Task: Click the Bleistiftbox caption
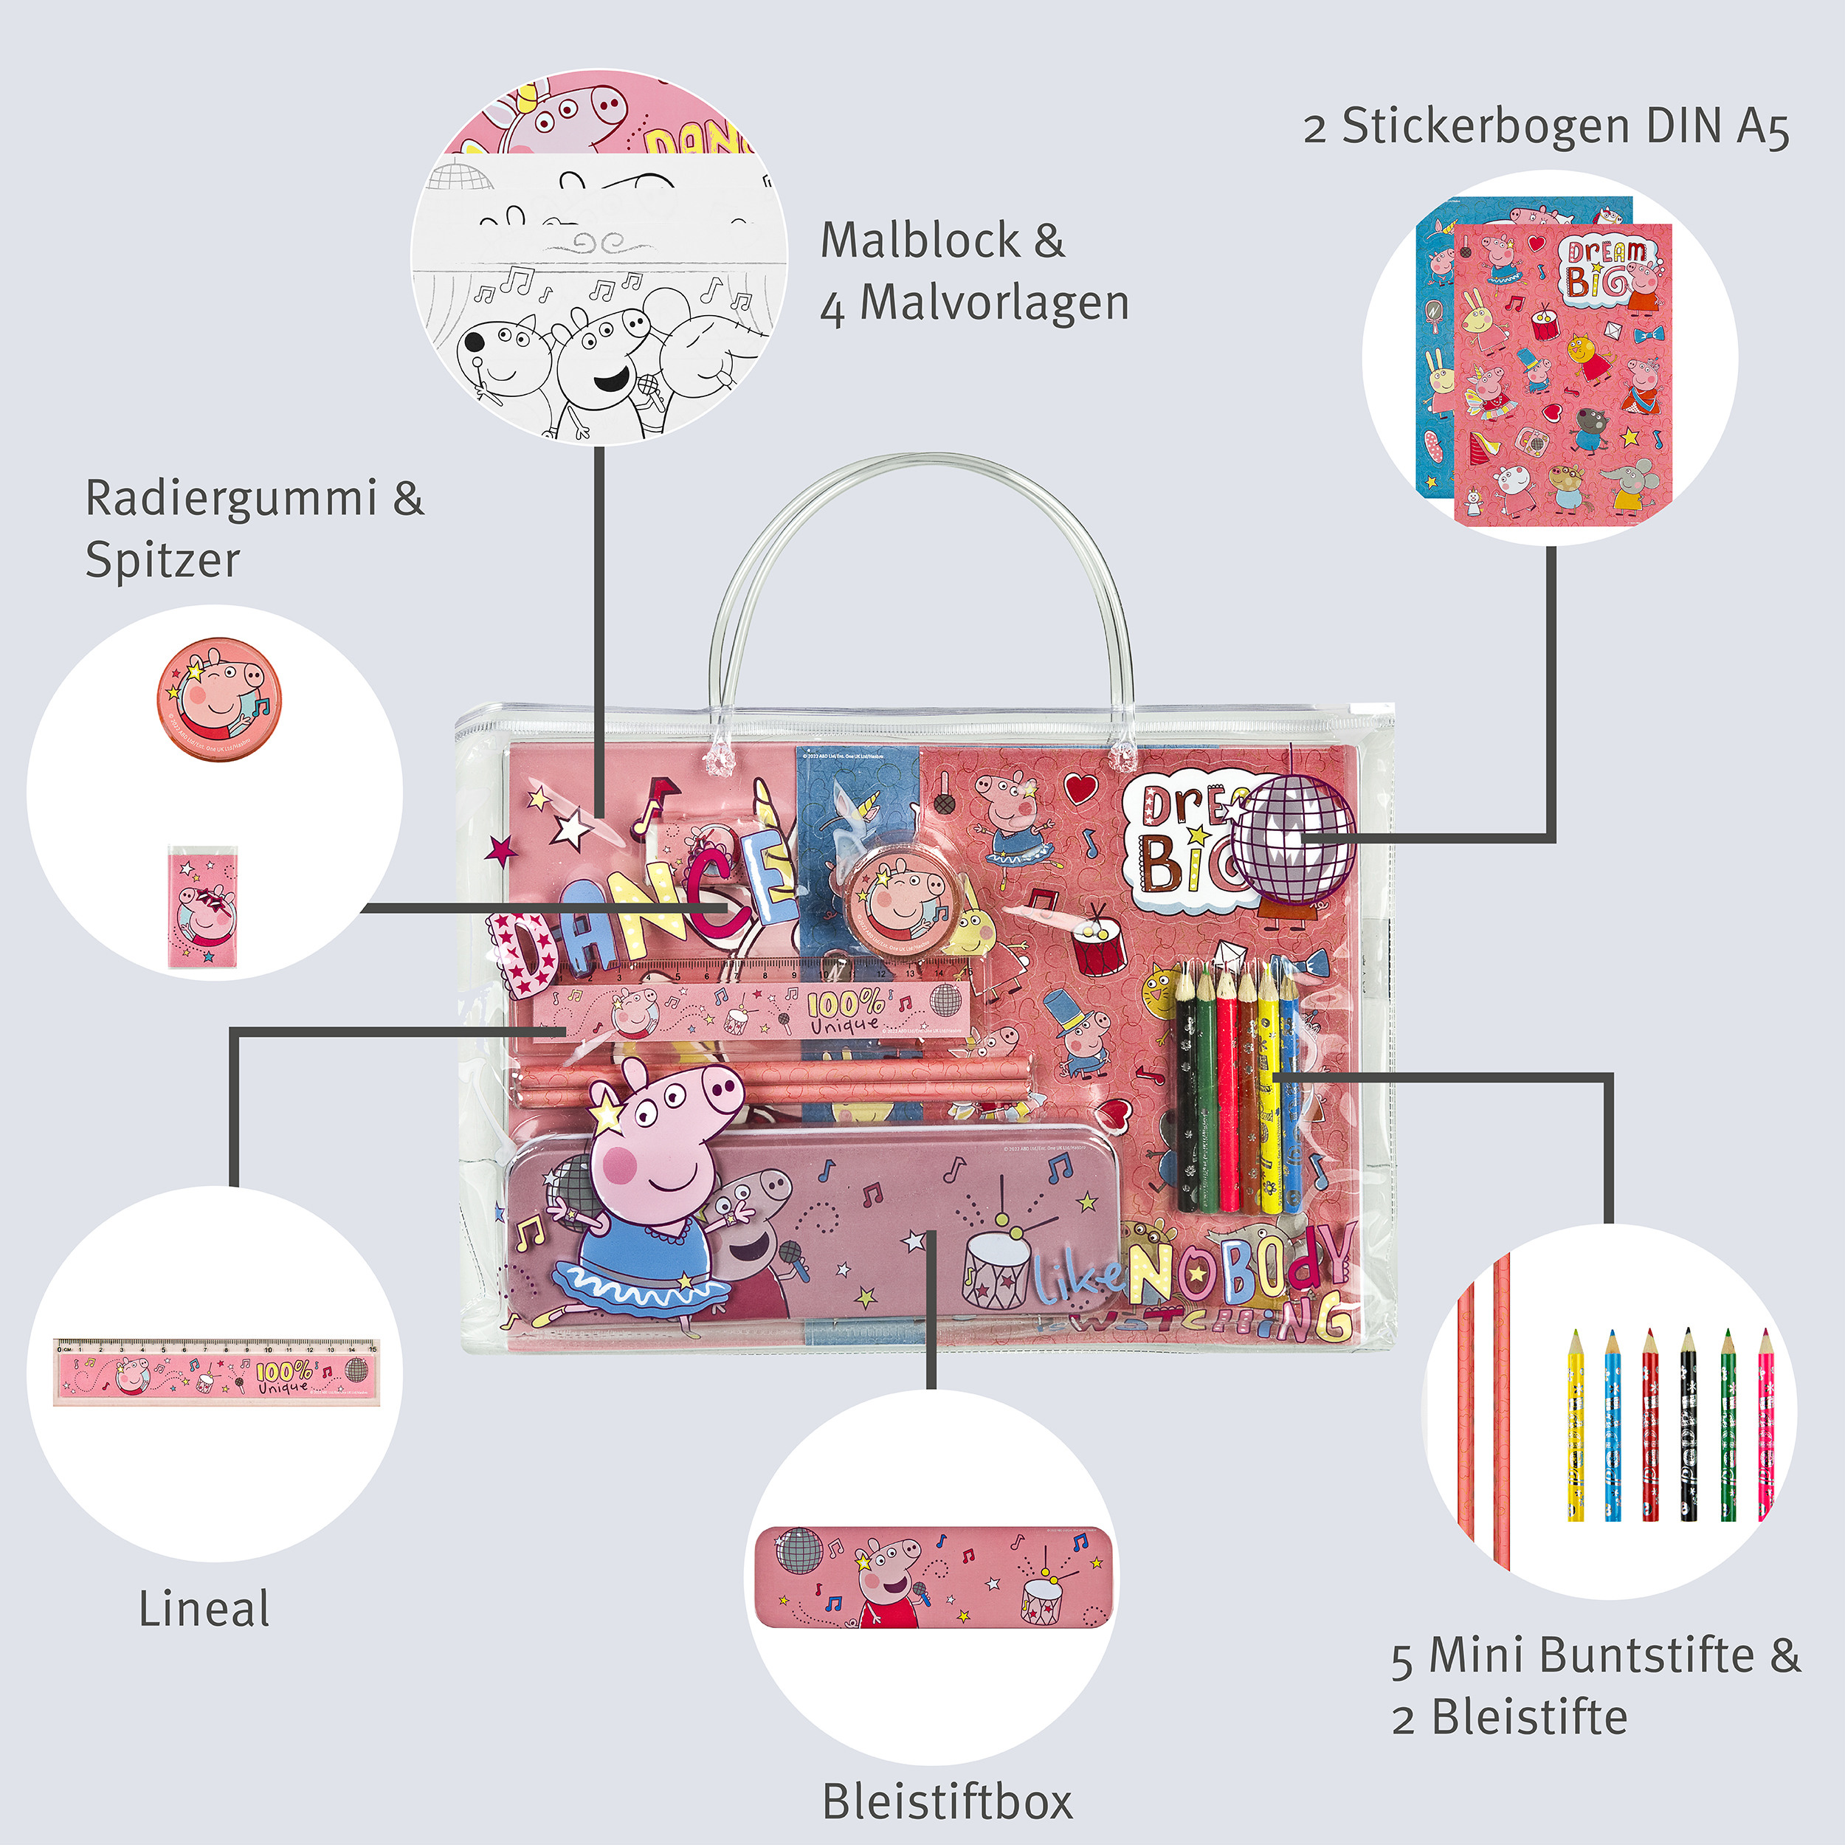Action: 948,1802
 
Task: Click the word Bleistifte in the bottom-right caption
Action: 1530,1717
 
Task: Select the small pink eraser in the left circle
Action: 202,907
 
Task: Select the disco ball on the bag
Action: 1293,838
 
